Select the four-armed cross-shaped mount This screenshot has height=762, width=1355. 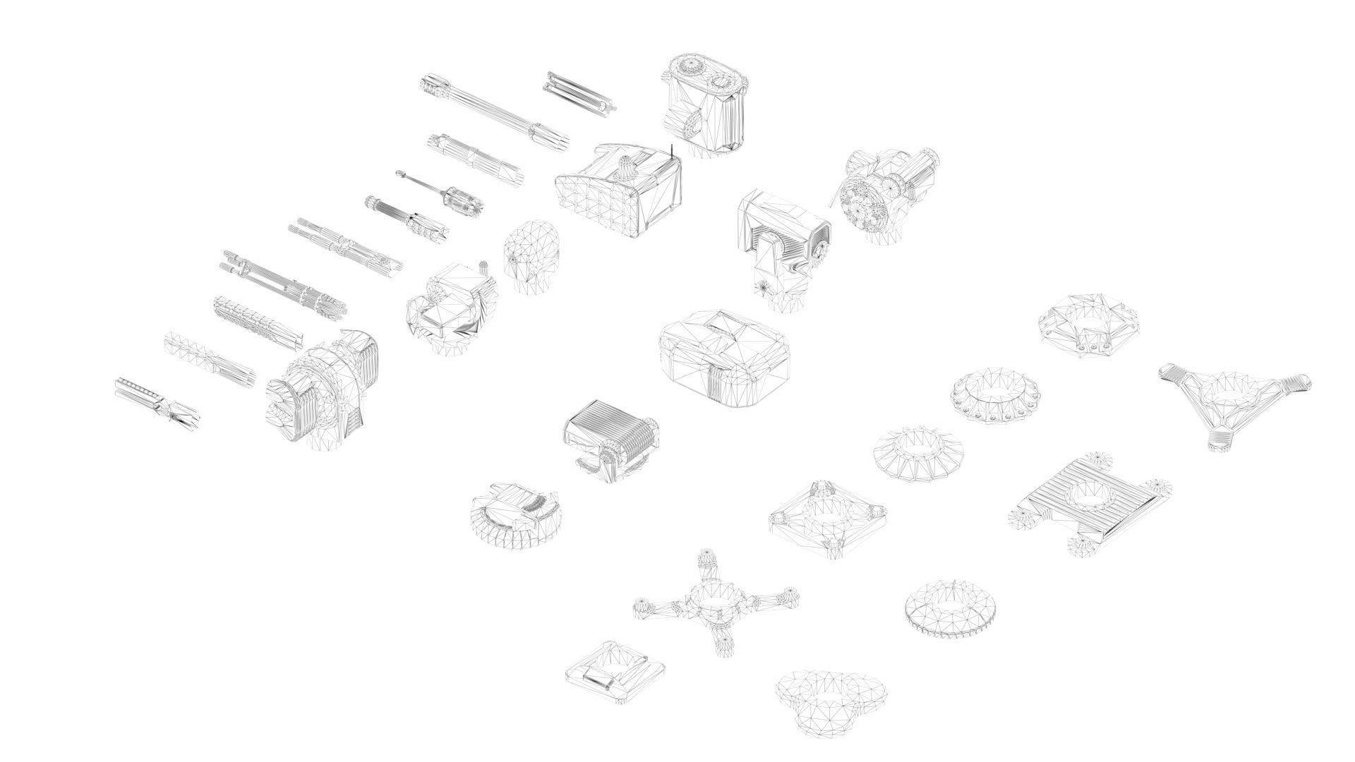[x=716, y=603]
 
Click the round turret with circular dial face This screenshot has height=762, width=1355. [x=886, y=194]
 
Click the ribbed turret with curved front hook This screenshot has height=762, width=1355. [x=610, y=441]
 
